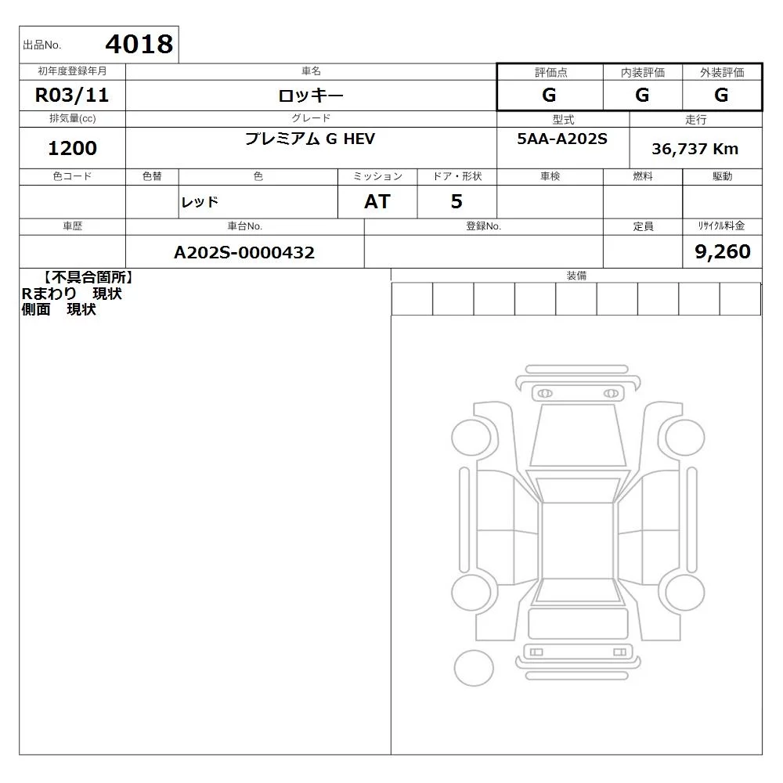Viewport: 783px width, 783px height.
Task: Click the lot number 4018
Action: [x=139, y=44]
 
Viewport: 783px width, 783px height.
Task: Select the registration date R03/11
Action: [x=72, y=95]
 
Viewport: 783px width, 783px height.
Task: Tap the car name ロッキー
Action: [x=311, y=96]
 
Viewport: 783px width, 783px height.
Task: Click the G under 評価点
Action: [x=549, y=95]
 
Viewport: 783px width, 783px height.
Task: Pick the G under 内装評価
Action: [x=642, y=95]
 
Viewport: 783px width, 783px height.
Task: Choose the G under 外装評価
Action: [x=721, y=95]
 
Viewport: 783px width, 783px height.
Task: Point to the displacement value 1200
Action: [x=72, y=148]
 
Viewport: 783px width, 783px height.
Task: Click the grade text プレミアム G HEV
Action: [x=310, y=139]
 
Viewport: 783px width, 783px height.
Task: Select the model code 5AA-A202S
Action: [x=562, y=139]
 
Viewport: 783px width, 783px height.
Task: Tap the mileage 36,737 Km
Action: [x=695, y=149]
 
